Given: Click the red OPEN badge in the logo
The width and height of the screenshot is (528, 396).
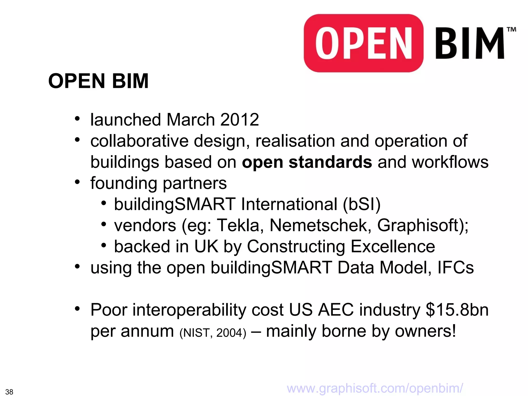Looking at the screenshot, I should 364,43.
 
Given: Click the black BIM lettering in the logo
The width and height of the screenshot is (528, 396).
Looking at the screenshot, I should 469,43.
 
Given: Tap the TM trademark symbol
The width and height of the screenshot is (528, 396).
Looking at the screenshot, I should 511,29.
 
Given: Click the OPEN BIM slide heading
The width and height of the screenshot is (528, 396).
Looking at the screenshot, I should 98,81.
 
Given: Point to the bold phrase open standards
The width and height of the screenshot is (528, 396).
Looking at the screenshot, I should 307,162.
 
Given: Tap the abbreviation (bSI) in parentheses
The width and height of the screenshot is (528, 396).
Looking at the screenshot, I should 361,204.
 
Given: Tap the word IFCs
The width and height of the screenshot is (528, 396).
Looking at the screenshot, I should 456,268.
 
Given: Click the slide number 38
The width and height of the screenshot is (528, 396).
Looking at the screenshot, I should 9,392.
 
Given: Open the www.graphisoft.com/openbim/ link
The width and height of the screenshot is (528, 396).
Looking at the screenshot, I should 375,388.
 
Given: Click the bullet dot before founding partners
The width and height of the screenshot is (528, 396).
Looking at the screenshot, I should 77,182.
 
